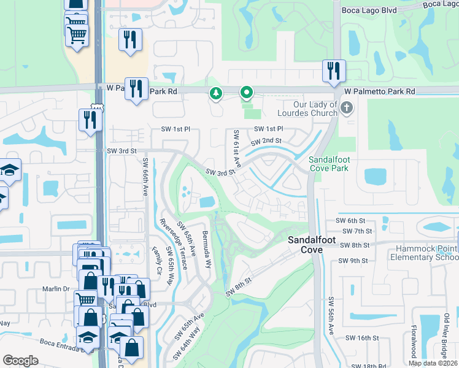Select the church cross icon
click(x=347, y=109)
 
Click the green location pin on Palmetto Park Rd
click(x=247, y=93)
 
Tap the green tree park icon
click(x=215, y=94)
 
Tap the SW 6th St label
click(x=350, y=221)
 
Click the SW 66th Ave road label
click(x=146, y=178)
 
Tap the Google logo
click(x=20, y=361)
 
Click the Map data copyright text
click(x=433, y=363)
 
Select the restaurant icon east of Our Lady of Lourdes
click(x=334, y=70)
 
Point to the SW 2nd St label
click(x=266, y=141)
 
